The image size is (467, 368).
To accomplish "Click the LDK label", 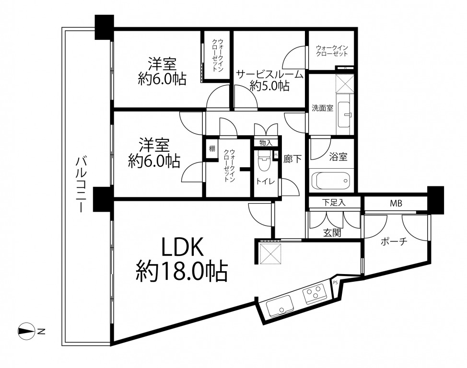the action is click(182, 246).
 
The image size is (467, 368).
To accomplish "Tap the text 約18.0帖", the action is click(182, 271).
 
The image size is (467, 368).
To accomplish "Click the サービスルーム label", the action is click(270, 74).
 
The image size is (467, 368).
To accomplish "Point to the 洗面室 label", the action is click(322, 108).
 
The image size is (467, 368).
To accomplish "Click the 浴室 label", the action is click(339, 157).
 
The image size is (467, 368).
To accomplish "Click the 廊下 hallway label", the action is click(292, 159).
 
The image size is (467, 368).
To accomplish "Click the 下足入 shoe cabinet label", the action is click(334, 203).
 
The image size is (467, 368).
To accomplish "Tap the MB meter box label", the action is click(396, 203).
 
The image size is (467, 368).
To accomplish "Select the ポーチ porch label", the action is click(394, 241).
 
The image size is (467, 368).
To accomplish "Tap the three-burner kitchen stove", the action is click(315, 293).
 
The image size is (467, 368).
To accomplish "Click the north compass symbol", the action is click(25, 331).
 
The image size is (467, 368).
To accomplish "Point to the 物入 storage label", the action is click(266, 143).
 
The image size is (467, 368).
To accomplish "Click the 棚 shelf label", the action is click(212, 148).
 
